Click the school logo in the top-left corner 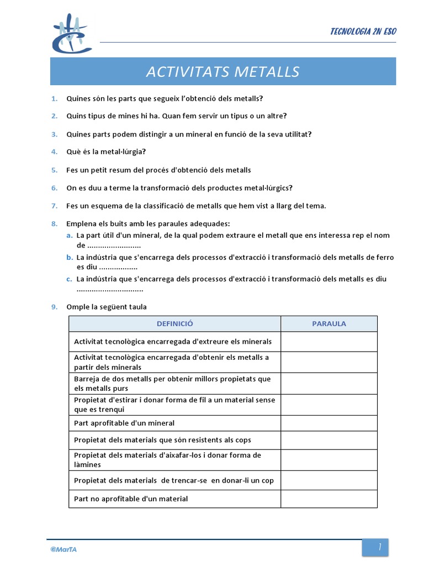click(71, 34)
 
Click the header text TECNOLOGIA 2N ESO click(363, 31)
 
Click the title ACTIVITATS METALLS click(222, 72)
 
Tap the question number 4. click(54, 152)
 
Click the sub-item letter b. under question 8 click(69, 258)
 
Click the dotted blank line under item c click(110, 289)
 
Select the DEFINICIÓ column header click(174, 324)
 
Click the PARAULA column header click(328, 324)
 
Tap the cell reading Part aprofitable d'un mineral click(124, 423)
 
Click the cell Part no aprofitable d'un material click(131, 499)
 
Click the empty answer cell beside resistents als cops click(328, 440)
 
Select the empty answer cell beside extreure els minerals click(328, 342)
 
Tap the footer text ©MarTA click(63, 549)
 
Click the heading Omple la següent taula click(107, 307)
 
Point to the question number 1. click(54, 98)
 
